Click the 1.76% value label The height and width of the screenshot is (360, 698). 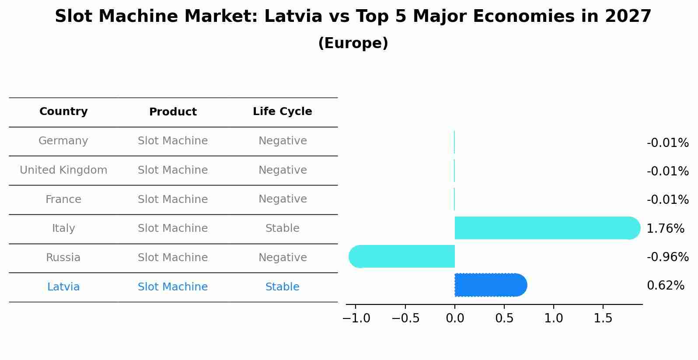[x=665, y=228]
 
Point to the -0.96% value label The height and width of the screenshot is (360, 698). [x=667, y=257]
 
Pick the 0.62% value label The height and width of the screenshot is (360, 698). [x=665, y=286]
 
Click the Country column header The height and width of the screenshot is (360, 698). [x=63, y=112]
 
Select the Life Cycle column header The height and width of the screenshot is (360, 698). [x=282, y=112]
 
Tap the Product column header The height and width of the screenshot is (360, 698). [x=173, y=112]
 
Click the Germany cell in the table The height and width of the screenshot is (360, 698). [x=63, y=141]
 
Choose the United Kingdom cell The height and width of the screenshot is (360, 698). [x=63, y=170]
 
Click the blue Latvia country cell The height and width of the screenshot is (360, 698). [x=63, y=287]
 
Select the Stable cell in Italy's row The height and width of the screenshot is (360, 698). [x=282, y=228]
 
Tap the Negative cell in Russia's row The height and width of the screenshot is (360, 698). [x=282, y=258]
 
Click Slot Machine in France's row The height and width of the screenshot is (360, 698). [x=173, y=199]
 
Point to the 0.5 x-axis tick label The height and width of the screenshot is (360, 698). [x=504, y=318]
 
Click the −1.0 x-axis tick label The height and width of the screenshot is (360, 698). [x=356, y=318]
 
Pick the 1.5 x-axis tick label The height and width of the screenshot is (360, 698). [x=603, y=318]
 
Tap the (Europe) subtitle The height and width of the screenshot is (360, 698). [x=353, y=43]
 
